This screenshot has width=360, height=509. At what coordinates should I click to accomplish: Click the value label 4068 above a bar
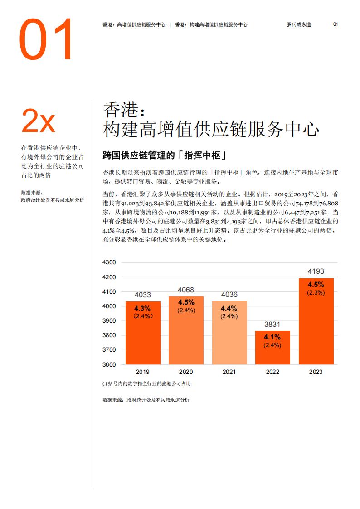pyautogui.click(x=186, y=290)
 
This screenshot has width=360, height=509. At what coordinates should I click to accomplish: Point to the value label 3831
pyautogui.click(x=272, y=325)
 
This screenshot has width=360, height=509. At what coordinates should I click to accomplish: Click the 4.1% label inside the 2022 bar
pyautogui.click(x=272, y=337)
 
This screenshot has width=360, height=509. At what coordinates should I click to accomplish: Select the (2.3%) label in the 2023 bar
pyautogui.click(x=316, y=293)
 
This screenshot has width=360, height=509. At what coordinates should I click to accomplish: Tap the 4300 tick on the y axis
pyautogui.click(x=110, y=262)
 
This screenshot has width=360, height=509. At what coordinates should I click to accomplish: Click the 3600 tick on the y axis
pyautogui.click(x=110, y=364)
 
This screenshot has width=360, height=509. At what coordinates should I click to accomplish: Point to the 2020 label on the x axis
pyautogui.click(x=186, y=372)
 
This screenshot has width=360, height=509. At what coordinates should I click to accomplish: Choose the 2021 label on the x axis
pyautogui.click(x=229, y=372)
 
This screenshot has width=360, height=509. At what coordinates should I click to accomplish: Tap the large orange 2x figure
pyautogui.click(x=39, y=121)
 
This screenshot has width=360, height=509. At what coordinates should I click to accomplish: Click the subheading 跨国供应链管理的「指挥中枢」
pyautogui.click(x=165, y=155)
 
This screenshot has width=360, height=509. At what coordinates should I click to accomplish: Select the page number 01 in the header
pyautogui.click(x=336, y=24)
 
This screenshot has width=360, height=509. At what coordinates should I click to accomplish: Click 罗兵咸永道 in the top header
pyautogui.click(x=302, y=24)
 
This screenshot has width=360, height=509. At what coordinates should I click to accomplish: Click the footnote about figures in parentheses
pyautogui.click(x=147, y=384)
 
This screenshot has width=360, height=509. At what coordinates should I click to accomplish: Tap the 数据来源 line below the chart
pyautogui.click(x=146, y=400)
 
